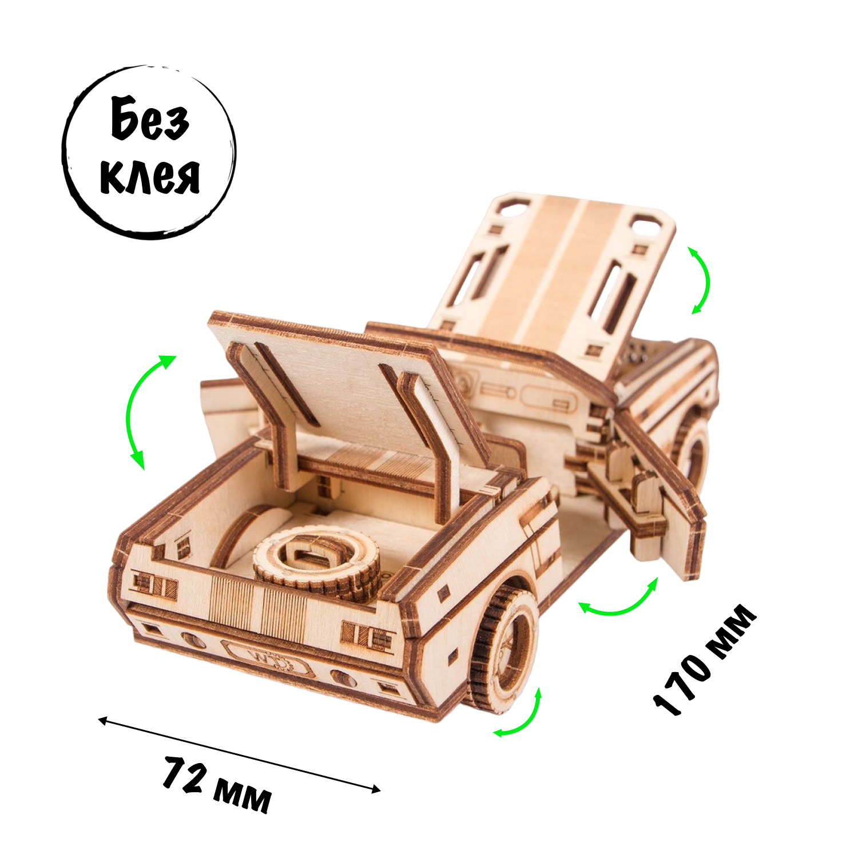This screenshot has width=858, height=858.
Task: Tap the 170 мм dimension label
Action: [705, 659]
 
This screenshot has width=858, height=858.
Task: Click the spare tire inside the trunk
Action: [316, 563]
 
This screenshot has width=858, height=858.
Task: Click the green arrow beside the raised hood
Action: [701, 280]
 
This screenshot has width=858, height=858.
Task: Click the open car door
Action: [664, 492]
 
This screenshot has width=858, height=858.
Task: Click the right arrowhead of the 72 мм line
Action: [377, 790]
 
